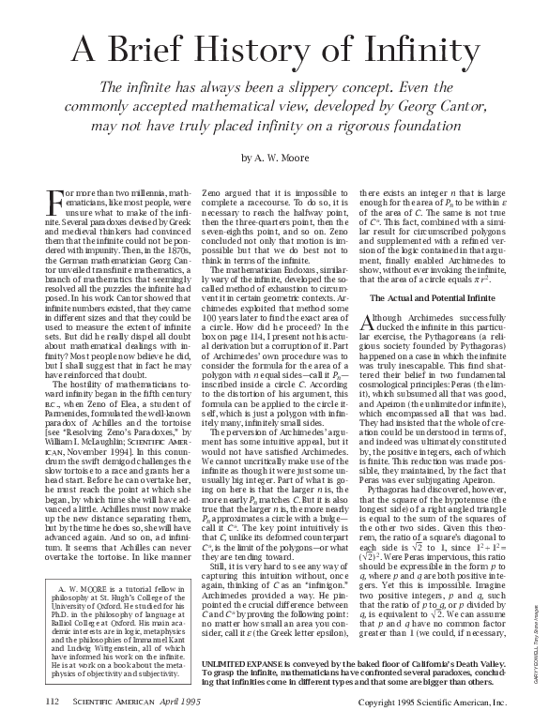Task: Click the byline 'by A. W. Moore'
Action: (x=274, y=157)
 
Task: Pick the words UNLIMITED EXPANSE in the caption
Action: (x=237, y=637)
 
